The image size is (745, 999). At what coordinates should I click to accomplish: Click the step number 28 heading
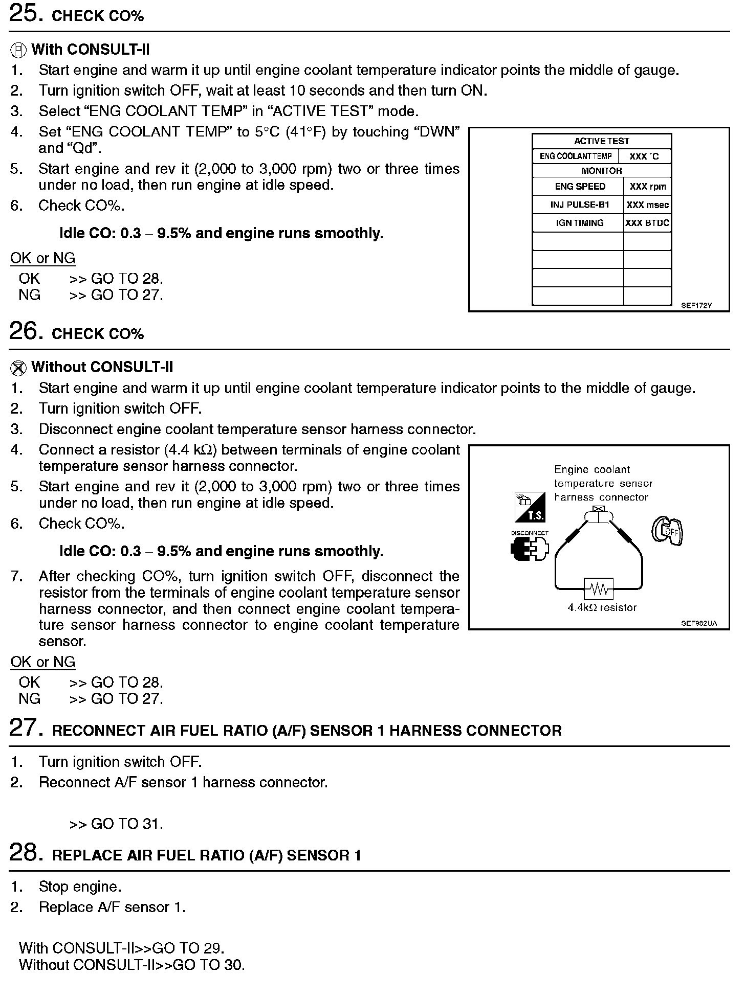(x=24, y=853)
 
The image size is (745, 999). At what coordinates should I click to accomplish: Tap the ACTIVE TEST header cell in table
(x=601, y=141)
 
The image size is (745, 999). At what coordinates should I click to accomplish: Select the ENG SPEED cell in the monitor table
(x=580, y=187)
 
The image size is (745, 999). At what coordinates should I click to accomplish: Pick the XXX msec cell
(x=647, y=205)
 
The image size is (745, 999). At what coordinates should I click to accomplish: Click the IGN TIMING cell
(x=580, y=223)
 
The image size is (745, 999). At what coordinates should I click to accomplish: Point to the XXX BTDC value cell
(x=647, y=223)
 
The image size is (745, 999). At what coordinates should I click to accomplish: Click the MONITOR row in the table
(x=601, y=171)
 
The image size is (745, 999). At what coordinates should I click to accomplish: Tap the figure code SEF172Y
(x=696, y=306)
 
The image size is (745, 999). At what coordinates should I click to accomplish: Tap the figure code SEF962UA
(x=698, y=623)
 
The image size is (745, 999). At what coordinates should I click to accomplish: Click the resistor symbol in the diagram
(x=599, y=589)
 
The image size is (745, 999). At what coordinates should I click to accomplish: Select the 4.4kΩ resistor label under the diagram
(x=602, y=608)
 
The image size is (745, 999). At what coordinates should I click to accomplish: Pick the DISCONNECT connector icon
(x=530, y=548)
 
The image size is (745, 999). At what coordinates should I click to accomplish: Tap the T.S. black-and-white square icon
(x=530, y=507)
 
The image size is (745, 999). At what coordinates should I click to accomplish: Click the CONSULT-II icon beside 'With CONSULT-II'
(x=18, y=50)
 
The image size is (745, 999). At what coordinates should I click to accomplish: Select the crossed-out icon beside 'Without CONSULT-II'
(x=18, y=368)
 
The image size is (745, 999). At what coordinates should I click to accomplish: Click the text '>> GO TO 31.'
(x=116, y=824)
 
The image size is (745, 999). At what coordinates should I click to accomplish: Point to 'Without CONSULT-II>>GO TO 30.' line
(x=132, y=965)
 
